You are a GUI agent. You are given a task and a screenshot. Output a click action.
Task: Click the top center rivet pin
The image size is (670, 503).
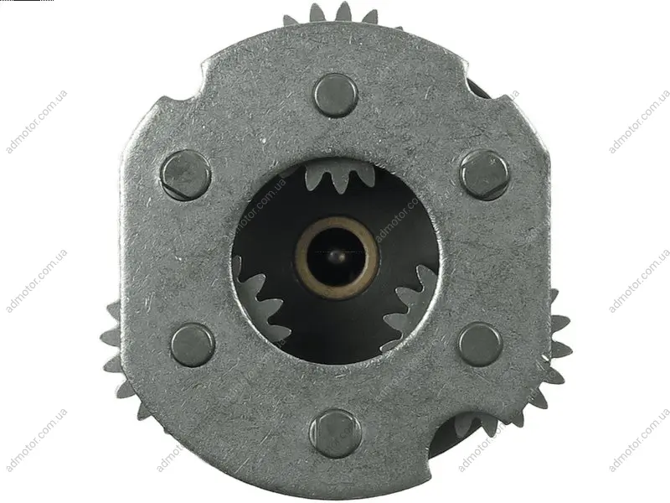click(336, 96)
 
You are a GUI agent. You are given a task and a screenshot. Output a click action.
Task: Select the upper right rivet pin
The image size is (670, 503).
click(486, 175)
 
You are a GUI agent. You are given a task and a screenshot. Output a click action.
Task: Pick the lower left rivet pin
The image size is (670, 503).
click(193, 345)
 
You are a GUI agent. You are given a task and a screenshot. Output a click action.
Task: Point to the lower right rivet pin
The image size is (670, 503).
click(481, 345)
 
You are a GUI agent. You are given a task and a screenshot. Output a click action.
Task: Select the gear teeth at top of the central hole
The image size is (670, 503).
click(340, 175)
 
